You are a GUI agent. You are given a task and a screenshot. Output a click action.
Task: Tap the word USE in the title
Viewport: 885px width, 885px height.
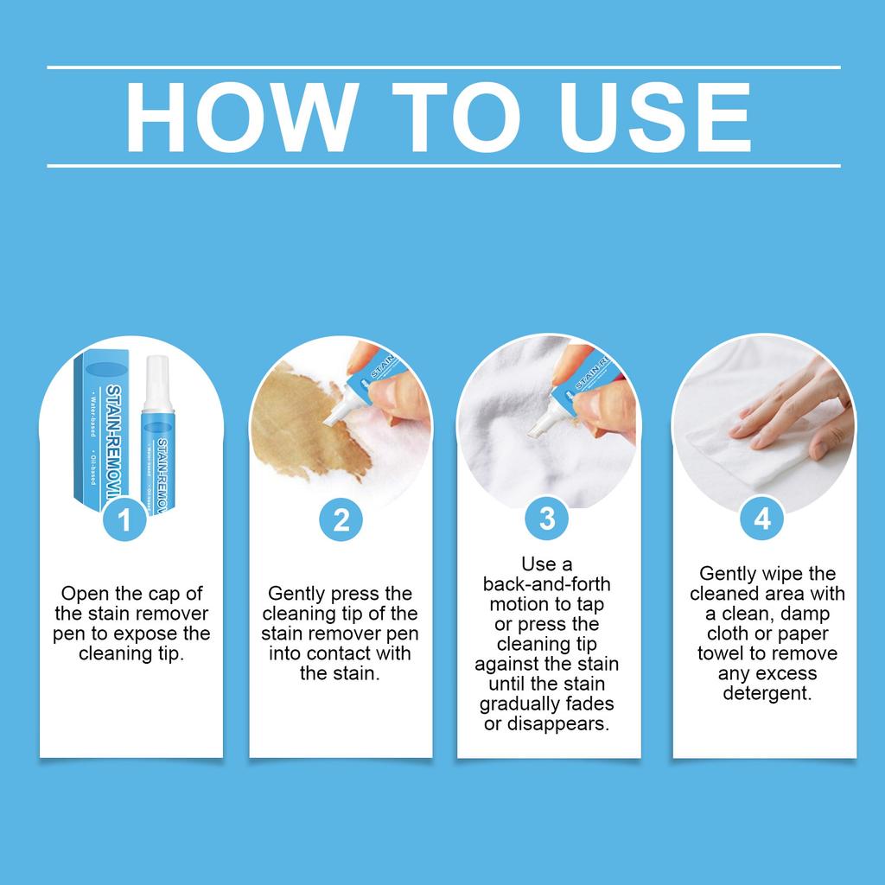[x=655, y=117]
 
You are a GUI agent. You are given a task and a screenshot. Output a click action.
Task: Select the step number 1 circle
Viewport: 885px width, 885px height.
[x=124, y=519]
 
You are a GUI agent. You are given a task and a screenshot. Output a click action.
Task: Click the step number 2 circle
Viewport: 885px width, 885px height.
[x=341, y=519]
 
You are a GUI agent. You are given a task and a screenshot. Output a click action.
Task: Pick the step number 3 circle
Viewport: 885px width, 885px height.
[x=547, y=519]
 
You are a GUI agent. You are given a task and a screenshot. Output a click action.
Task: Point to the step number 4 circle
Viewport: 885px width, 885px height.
[x=762, y=519]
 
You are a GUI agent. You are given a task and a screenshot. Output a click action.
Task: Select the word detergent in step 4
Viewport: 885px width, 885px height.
[x=767, y=693]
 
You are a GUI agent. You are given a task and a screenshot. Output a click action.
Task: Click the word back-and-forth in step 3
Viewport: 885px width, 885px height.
[x=546, y=584]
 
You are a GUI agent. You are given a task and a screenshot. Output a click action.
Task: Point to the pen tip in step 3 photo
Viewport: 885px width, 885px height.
[x=536, y=429]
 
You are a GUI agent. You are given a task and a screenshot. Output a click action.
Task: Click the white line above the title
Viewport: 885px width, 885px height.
[x=443, y=67]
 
